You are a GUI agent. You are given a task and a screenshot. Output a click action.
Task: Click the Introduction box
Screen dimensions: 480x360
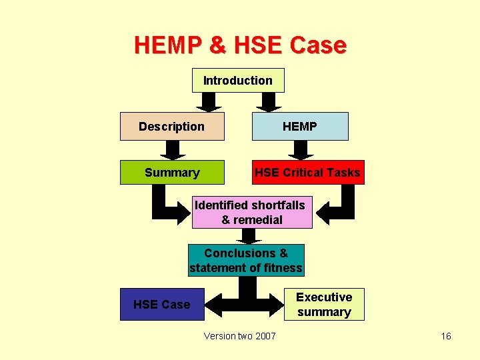[238, 81]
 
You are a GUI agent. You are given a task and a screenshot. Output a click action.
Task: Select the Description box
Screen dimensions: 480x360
[172, 127]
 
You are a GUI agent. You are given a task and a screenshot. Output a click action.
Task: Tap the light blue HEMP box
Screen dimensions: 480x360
[300, 127]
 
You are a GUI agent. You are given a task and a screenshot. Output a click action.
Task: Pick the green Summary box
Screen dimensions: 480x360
[173, 173]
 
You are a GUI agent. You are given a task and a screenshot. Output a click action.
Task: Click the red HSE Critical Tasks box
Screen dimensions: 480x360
[307, 173]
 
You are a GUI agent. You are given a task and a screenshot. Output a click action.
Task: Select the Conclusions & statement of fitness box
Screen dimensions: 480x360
[246, 261]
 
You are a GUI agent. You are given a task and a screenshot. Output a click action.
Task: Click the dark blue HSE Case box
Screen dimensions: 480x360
[162, 305]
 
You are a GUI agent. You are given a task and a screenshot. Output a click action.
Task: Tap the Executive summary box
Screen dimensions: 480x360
[324, 305]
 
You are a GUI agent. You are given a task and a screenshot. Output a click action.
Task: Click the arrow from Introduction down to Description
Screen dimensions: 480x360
[209, 102]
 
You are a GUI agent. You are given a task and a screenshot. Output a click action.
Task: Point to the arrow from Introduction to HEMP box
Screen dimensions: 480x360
[270, 102]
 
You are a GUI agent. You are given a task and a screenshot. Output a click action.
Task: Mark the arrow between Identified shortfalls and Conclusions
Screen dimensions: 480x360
[249, 236]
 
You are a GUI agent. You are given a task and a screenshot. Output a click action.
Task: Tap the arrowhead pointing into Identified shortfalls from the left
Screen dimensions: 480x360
[184, 213]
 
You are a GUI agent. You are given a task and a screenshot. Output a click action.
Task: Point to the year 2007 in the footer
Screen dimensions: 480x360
[265, 336]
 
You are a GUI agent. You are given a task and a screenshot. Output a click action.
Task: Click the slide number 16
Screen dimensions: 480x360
[446, 336]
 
